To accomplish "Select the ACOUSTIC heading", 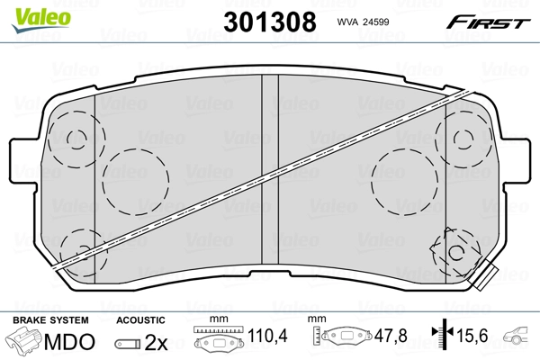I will (x=141, y=319).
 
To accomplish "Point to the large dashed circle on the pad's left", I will (x=135, y=180).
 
